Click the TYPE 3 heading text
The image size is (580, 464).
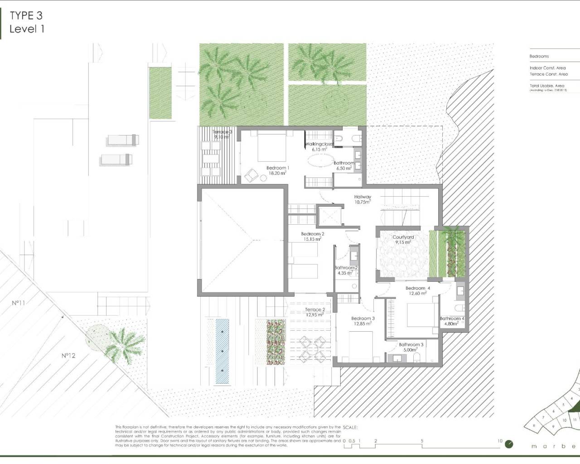(26, 15)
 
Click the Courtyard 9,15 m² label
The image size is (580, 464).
(403, 240)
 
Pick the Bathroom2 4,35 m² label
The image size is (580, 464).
(346, 271)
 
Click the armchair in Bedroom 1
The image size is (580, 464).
(251, 175)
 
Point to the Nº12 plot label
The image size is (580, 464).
(68, 356)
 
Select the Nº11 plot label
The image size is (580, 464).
(18, 303)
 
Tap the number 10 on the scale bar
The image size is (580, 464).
(500, 441)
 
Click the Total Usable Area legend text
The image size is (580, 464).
(547, 86)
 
